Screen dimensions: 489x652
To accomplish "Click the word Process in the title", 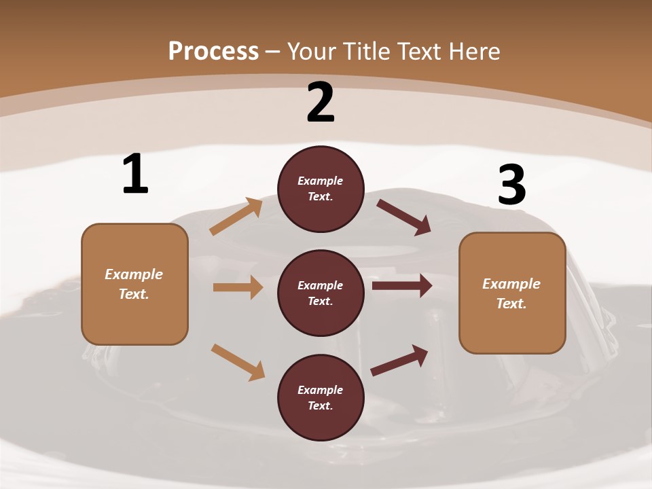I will [213, 52].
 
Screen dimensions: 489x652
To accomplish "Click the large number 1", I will [135, 175].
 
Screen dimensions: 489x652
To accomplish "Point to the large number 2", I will [321, 103].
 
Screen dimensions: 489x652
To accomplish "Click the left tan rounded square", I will [134, 284].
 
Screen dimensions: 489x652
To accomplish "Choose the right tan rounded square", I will [512, 293].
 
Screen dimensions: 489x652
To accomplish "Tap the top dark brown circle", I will [321, 189].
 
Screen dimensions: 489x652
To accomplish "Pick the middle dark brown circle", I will [321, 293].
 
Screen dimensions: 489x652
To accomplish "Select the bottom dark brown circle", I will [321, 397].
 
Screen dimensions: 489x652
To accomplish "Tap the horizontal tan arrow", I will [238, 287].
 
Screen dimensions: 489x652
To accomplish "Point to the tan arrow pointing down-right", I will [238, 362].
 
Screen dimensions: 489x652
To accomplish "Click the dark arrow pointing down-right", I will [404, 217].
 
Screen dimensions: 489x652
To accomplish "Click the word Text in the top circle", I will [320, 197].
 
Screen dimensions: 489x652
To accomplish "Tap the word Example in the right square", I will [511, 284].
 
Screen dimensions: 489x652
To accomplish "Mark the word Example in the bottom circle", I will [321, 390].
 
